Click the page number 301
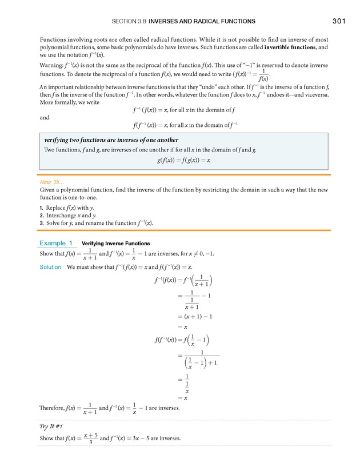(x=339, y=21)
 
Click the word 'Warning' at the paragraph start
(x=51, y=66)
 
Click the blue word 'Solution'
(x=50, y=267)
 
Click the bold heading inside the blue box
(x=111, y=140)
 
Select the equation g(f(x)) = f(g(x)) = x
(x=184, y=161)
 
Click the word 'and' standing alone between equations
(x=45, y=117)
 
